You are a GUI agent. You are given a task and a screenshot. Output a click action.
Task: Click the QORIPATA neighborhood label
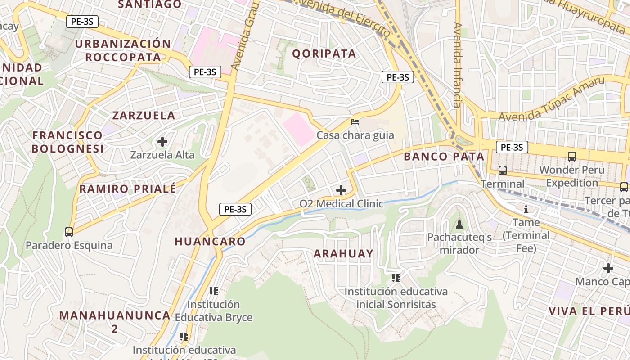pos(324,54)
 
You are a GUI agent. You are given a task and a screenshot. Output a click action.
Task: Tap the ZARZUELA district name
pos(144,115)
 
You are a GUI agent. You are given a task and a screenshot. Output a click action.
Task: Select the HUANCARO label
pos(210,241)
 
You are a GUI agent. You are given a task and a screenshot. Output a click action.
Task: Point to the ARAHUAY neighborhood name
pos(343,253)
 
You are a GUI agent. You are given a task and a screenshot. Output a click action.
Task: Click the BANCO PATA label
pos(444,157)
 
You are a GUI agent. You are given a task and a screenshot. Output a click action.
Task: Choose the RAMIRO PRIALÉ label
pos(128,189)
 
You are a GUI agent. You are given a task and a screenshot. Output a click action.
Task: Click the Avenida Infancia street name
pos(458,65)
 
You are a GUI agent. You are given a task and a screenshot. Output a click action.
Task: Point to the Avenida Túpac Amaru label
pos(551,99)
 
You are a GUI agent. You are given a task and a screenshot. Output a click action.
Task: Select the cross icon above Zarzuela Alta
pos(162,142)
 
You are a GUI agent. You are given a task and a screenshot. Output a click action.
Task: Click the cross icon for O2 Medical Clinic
pos(341,190)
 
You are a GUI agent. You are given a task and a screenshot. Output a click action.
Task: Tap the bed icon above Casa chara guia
pos(355,121)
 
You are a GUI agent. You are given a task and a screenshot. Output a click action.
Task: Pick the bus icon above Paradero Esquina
pos(69,232)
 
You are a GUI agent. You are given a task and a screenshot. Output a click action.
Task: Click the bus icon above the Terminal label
pos(503,171)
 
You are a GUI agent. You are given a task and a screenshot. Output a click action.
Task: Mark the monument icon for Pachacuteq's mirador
pos(459,224)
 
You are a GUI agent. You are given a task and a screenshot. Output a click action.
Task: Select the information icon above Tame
pos(526,209)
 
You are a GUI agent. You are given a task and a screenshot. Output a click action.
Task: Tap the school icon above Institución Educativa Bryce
pos(214,291)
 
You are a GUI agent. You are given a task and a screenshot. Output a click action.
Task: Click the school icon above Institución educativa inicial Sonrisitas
pos(396,278)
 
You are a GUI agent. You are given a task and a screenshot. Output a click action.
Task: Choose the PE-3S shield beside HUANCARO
pos(235,209)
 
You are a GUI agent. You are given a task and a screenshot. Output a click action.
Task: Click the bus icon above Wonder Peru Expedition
pos(572,157)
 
